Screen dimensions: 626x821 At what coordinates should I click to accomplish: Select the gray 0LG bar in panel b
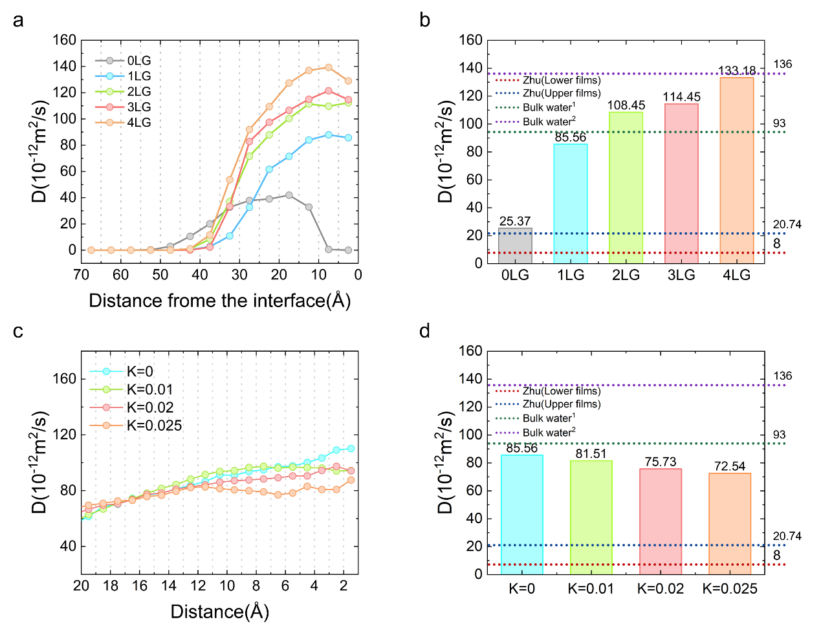pyautogui.click(x=515, y=246)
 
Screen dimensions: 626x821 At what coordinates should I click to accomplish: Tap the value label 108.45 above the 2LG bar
pyautogui.click(x=626, y=105)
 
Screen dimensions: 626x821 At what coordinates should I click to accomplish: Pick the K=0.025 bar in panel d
pyautogui.click(x=730, y=523)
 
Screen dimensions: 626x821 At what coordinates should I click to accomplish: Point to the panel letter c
pyautogui.click(x=18, y=331)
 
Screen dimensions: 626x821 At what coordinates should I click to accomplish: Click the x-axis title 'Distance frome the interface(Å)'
pyautogui.click(x=219, y=301)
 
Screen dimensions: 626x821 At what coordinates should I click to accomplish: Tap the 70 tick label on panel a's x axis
pyautogui.click(x=81, y=275)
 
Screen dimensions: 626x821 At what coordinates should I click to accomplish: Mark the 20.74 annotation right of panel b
pyautogui.click(x=787, y=224)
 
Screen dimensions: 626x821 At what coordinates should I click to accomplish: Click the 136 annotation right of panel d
pyautogui.click(x=782, y=376)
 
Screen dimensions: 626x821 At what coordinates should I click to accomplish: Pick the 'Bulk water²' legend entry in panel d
pyautogui.click(x=549, y=432)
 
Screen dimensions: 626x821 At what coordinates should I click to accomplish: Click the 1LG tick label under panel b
pyautogui.click(x=571, y=275)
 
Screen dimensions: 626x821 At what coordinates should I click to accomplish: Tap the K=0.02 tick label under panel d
pyautogui.click(x=661, y=588)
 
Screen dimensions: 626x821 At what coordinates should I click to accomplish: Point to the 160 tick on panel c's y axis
pyautogui.click(x=63, y=378)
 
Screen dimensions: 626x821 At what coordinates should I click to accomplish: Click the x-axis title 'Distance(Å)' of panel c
pyautogui.click(x=219, y=612)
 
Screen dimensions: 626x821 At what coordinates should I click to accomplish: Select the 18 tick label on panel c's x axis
pyautogui.click(x=111, y=586)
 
